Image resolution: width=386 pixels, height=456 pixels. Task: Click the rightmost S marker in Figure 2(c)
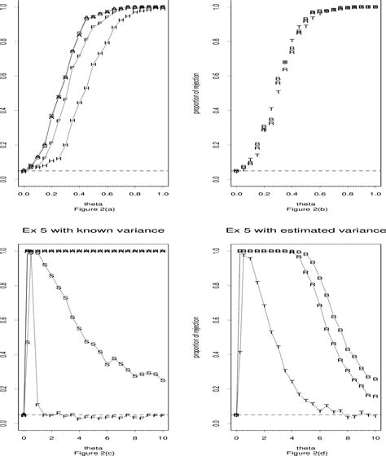[164, 380]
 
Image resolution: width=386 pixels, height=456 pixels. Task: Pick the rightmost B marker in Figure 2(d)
[376, 378]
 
